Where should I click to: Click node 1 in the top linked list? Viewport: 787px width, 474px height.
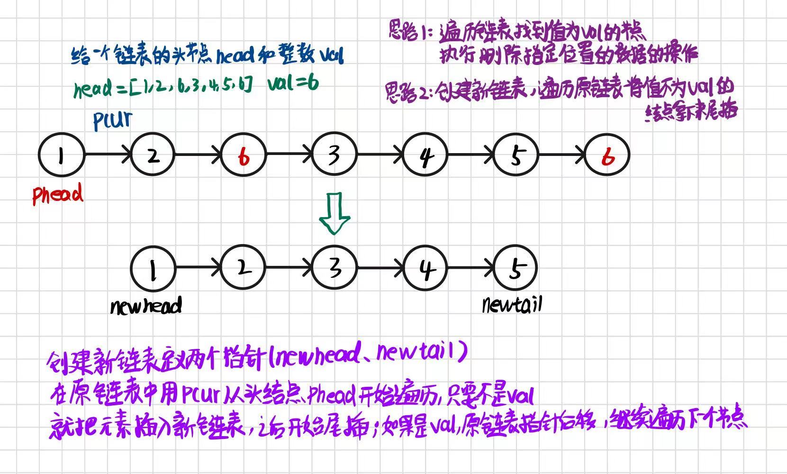click(61, 155)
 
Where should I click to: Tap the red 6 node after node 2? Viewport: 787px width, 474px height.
click(244, 155)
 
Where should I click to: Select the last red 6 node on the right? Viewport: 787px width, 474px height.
click(607, 155)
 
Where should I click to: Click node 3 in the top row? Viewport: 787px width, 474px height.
click(334, 155)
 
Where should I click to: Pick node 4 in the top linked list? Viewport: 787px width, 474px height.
click(425, 155)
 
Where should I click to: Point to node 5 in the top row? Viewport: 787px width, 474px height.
click(516, 155)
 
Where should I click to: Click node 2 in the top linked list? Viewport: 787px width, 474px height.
click(153, 155)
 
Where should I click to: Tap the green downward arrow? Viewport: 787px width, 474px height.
click(335, 213)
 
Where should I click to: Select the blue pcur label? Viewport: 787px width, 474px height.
click(113, 120)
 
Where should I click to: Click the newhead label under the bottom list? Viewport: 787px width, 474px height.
click(146, 306)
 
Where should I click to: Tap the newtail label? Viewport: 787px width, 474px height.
click(512, 304)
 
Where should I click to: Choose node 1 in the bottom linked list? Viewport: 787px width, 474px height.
click(153, 269)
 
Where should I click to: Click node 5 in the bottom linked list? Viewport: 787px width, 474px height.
click(516, 268)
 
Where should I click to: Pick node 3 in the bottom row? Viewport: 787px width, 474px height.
click(334, 268)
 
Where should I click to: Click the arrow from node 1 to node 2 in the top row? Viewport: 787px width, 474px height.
click(107, 155)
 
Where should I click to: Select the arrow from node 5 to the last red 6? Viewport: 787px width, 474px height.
click(561, 155)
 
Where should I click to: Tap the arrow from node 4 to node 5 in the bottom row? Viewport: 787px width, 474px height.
click(471, 268)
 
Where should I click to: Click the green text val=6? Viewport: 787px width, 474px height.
click(293, 84)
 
